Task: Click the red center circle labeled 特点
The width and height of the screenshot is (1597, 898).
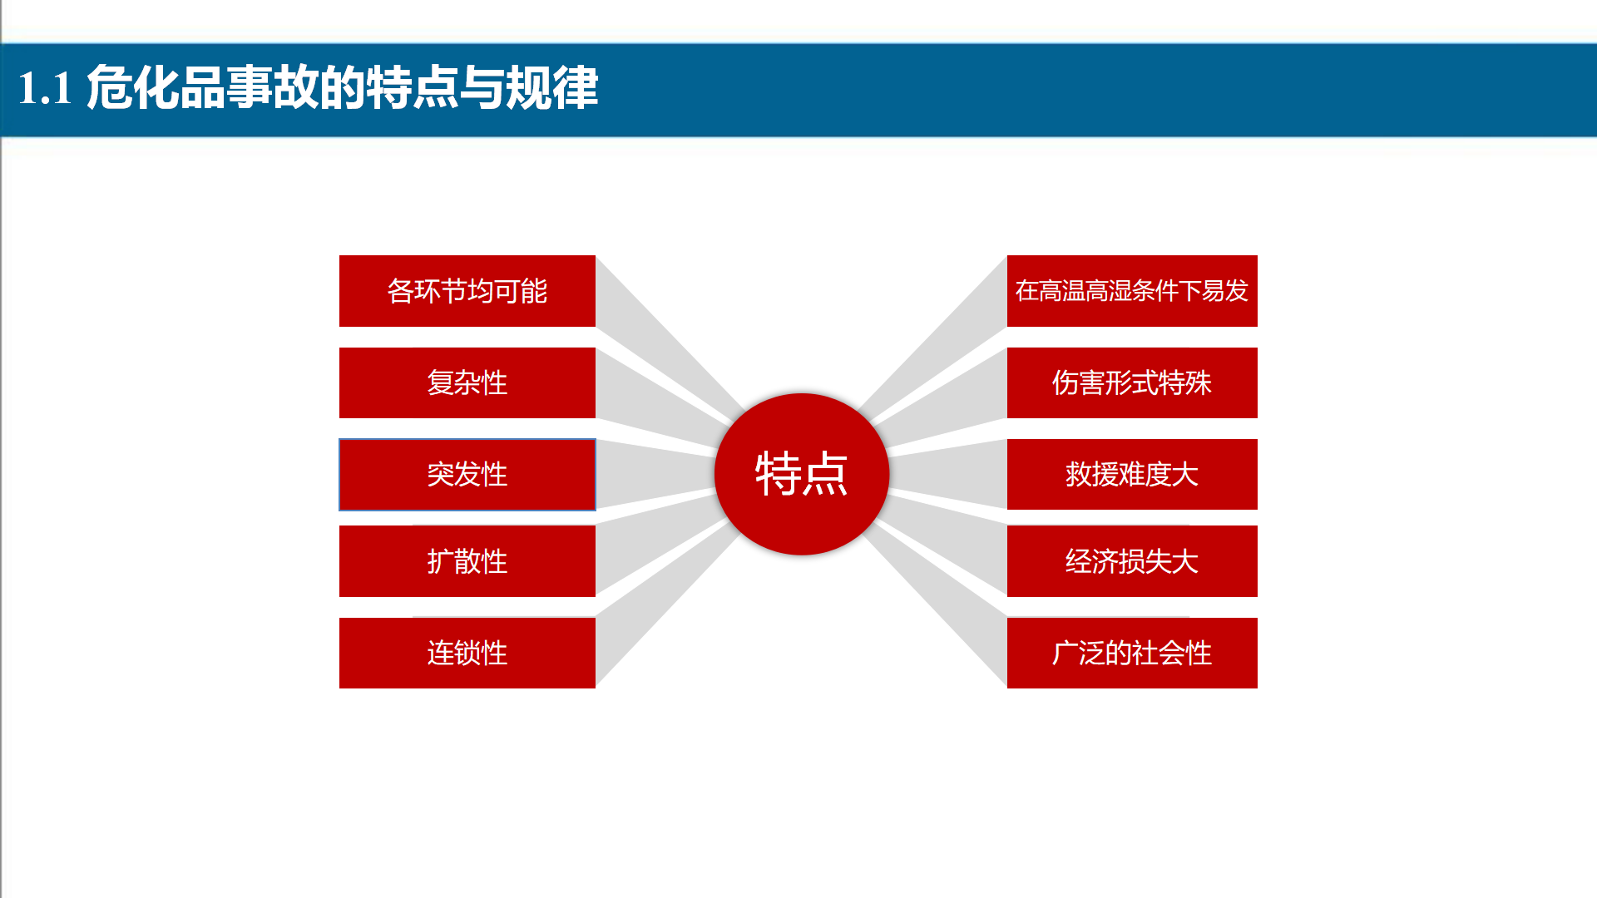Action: [802, 474]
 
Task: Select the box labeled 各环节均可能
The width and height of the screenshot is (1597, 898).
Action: [467, 291]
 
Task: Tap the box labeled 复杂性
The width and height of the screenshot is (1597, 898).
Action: [467, 382]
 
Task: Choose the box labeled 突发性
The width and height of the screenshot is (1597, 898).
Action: [467, 475]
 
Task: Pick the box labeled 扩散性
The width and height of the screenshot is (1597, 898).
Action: [467, 561]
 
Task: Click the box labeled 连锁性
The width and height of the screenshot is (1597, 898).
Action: [467, 653]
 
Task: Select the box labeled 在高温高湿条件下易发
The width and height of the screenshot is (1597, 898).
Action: [1132, 291]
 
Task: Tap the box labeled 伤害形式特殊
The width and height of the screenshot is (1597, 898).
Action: [1132, 382]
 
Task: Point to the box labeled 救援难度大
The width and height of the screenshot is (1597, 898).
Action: [1132, 475]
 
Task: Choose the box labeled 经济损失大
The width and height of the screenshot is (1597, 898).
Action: [1132, 561]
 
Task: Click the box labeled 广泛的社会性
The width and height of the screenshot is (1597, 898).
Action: [1132, 653]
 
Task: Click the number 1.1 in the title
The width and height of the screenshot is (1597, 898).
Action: [45, 88]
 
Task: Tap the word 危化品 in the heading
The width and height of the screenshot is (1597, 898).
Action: [156, 87]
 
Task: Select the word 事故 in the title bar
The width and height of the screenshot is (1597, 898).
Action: [272, 87]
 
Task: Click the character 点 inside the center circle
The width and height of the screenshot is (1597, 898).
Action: [825, 474]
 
